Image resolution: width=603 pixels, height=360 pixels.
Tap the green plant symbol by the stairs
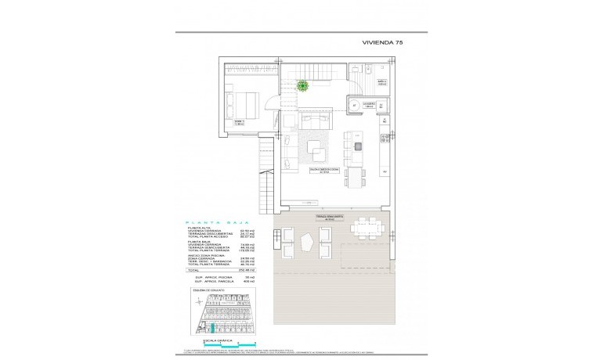pos(301,88)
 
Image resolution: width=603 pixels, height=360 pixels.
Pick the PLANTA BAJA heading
pos(208,223)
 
